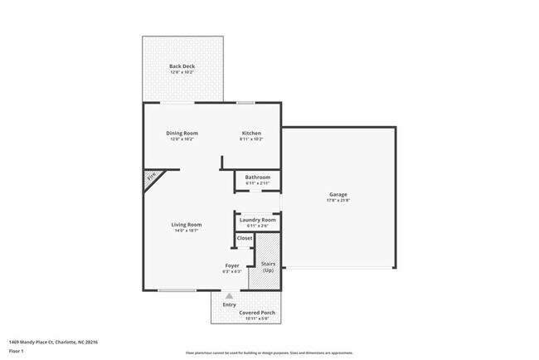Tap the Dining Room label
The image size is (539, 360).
(x=182, y=133)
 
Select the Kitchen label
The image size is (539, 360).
(x=251, y=133)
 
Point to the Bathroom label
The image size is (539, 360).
(x=257, y=177)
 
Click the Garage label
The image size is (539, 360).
(x=337, y=195)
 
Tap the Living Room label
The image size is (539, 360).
(x=187, y=224)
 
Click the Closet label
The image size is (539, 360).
(x=245, y=238)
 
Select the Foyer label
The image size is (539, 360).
(x=232, y=265)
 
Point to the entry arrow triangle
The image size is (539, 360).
(x=229, y=295)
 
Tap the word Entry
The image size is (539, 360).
(x=229, y=304)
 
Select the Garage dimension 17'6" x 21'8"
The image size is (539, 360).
(x=337, y=201)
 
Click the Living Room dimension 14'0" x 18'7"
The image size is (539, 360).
(x=187, y=230)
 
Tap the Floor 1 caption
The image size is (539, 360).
(x=17, y=351)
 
